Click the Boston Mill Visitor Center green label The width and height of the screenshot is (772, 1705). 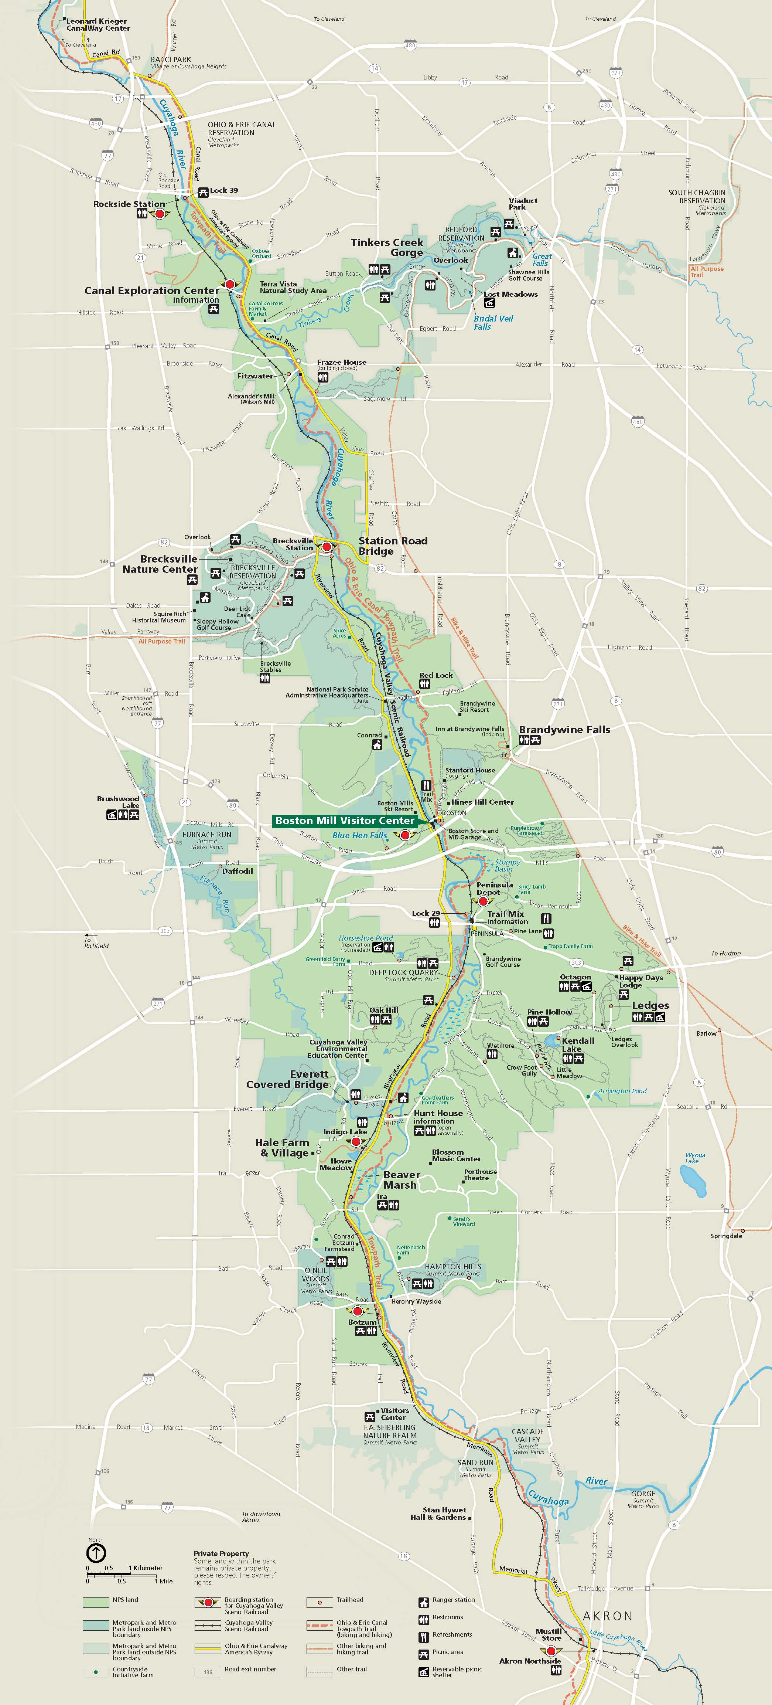(345, 821)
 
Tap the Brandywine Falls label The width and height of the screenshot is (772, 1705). (564, 729)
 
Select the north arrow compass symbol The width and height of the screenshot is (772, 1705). (96, 1553)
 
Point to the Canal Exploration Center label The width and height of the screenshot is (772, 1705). (151, 291)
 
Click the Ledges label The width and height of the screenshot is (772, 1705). (650, 1005)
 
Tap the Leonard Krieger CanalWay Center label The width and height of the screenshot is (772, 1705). (98, 24)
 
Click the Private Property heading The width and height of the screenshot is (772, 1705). (221, 1553)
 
